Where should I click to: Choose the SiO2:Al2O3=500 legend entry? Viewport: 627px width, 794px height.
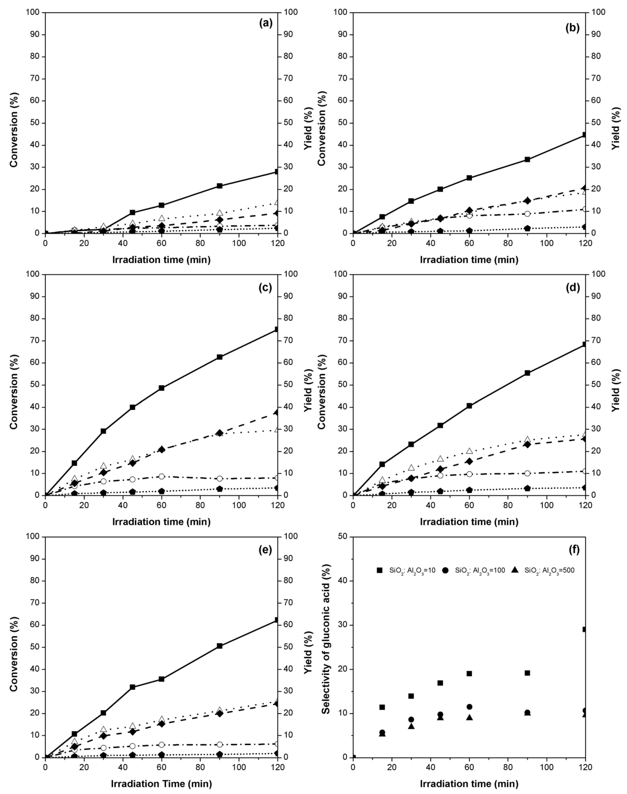click(x=543, y=570)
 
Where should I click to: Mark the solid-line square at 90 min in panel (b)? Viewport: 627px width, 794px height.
click(x=527, y=159)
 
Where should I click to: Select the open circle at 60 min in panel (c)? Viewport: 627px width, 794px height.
click(x=162, y=476)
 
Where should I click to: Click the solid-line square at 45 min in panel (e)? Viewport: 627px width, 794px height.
click(x=132, y=687)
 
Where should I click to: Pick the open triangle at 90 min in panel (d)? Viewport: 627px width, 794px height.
click(x=527, y=439)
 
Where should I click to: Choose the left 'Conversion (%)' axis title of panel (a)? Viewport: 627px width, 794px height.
click(x=14, y=129)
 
